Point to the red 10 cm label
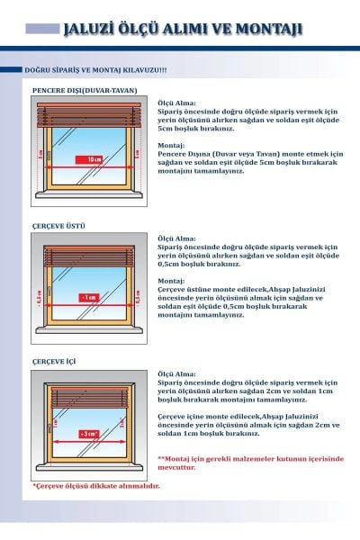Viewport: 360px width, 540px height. point(94,158)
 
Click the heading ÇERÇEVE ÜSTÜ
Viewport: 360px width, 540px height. point(53,225)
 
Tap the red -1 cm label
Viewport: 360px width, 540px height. point(88,295)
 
